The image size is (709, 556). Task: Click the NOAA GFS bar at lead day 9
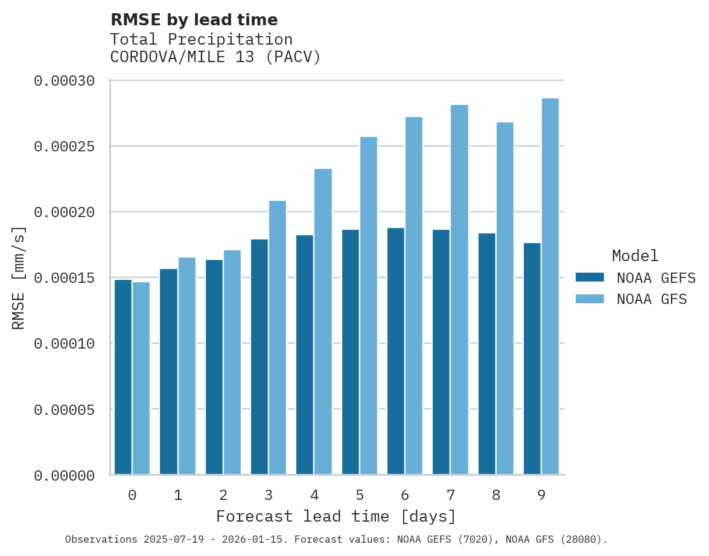pyautogui.click(x=550, y=286)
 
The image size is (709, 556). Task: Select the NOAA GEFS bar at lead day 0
pyautogui.click(x=123, y=377)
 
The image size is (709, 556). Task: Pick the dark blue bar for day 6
pyautogui.click(x=396, y=351)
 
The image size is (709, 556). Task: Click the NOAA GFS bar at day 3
pyautogui.click(x=277, y=338)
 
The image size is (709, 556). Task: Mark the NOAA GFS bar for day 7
pyautogui.click(x=459, y=289)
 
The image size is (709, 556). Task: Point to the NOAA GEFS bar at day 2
pyautogui.click(x=214, y=367)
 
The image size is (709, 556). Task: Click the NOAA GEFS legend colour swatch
pyautogui.click(x=590, y=277)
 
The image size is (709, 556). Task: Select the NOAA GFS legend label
pyautogui.click(x=652, y=299)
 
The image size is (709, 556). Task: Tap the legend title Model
pyautogui.click(x=635, y=256)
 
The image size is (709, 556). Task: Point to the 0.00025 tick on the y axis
pyautogui.click(x=64, y=147)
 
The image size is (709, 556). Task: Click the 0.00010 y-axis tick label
pyautogui.click(x=64, y=344)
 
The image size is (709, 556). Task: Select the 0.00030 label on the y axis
pyautogui.click(x=64, y=81)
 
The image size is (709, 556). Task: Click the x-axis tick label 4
pyautogui.click(x=314, y=496)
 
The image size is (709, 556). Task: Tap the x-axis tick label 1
pyautogui.click(x=178, y=496)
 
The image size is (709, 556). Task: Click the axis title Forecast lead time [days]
pyautogui.click(x=336, y=517)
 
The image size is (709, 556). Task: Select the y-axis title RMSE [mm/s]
pyautogui.click(x=19, y=278)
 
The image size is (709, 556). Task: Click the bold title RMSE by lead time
pyautogui.click(x=194, y=20)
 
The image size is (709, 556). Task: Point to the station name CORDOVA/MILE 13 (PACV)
pyautogui.click(x=215, y=57)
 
